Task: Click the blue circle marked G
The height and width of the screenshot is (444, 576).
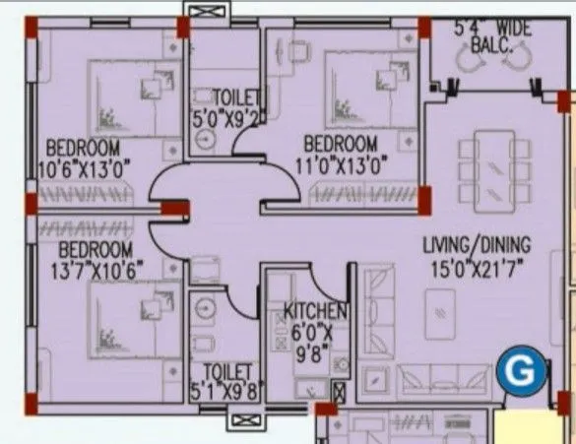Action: coord(519,372)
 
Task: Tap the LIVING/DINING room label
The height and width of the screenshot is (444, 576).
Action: coord(477,244)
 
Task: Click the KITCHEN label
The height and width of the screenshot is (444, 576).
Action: coord(314,312)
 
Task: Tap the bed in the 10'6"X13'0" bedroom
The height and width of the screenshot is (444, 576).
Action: coord(128,98)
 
